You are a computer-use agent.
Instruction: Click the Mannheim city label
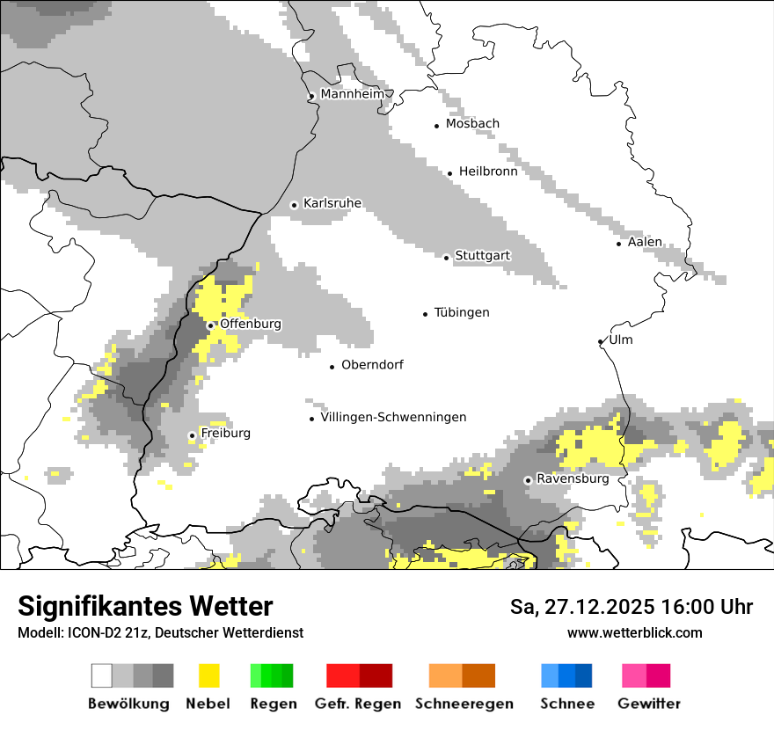coord(352,94)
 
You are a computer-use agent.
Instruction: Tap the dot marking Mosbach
coord(436,126)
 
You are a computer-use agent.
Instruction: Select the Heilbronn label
coord(487,172)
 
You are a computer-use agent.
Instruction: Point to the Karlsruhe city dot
coord(294,205)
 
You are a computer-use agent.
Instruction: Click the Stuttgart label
coord(482,256)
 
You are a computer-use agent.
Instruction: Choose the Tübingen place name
coord(462,313)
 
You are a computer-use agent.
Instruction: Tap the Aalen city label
coord(645,242)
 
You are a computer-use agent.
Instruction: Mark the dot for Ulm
coord(600,341)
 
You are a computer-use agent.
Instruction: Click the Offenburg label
coord(250,324)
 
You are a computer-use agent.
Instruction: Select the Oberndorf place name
coord(372,365)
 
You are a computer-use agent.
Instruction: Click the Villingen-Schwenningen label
coord(393,418)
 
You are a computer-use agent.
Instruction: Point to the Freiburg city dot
coord(192,435)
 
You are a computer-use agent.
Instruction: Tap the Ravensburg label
coord(572,479)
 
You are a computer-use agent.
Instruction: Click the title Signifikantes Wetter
coord(145,607)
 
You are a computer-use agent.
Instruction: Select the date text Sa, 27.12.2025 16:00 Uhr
coord(631,608)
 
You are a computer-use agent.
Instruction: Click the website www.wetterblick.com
coord(634,632)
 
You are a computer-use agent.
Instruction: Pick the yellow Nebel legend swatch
coord(209,675)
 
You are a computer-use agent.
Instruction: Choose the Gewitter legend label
coord(648,704)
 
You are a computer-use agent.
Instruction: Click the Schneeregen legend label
coord(464,704)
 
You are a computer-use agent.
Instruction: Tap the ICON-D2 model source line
coord(160,632)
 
